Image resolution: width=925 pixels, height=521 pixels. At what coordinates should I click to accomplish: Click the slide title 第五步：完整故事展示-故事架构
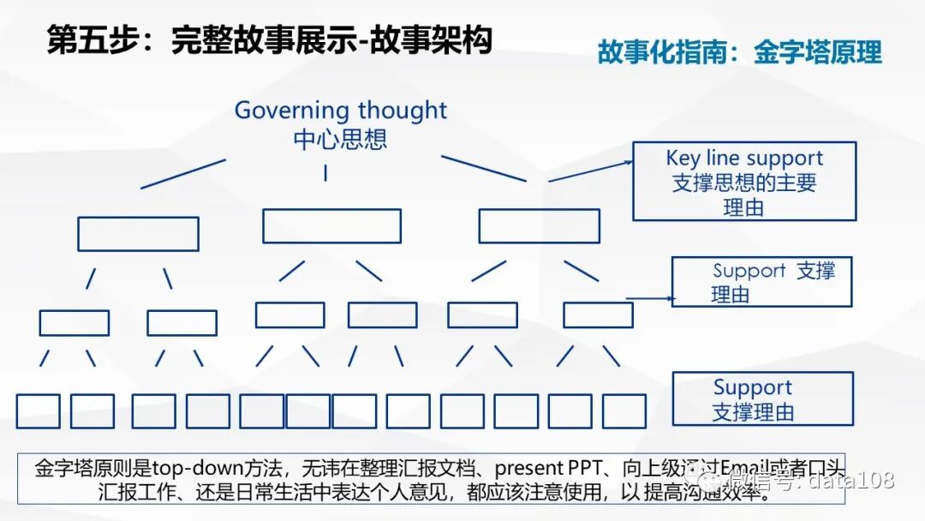tap(269, 40)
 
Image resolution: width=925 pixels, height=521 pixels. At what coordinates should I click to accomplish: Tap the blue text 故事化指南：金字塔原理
tap(739, 52)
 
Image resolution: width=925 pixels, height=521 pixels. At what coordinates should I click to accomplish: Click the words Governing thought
tap(340, 111)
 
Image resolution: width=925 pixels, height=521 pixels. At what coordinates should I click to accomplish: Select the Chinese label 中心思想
tap(340, 138)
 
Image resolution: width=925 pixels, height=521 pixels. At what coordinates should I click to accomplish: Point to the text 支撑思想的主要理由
tap(743, 195)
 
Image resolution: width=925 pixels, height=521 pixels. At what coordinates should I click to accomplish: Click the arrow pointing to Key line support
tap(590, 170)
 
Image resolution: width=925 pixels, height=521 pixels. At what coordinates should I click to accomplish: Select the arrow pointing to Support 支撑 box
tap(651, 299)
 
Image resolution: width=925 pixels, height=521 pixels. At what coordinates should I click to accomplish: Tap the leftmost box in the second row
tap(138, 233)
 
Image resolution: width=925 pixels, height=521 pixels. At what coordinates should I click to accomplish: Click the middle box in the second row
tap(331, 225)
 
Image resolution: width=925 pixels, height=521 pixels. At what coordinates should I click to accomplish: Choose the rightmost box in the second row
tap(539, 225)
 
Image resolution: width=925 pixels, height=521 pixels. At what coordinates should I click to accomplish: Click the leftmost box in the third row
tap(74, 322)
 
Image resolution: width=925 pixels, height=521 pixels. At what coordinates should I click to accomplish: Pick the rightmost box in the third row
tap(598, 314)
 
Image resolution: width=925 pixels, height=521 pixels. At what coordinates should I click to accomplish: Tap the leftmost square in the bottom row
tap(38, 411)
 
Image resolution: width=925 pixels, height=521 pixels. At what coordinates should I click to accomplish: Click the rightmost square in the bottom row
tap(624, 411)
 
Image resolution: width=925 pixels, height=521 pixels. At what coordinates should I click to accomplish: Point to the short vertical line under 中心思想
tap(325, 172)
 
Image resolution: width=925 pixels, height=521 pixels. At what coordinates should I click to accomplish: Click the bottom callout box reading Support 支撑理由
tap(762, 398)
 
